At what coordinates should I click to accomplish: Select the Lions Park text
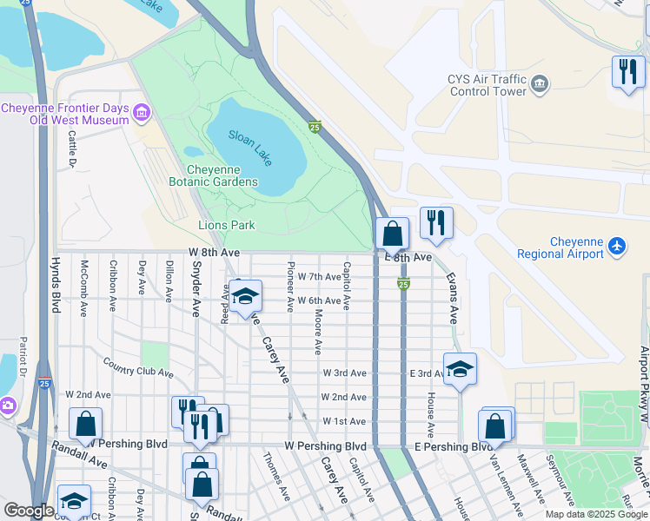click(225, 225)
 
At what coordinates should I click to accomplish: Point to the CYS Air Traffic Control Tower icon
click(541, 83)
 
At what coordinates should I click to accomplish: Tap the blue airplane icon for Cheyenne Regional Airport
click(617, 247)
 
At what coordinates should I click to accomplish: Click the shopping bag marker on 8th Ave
click(392, 234)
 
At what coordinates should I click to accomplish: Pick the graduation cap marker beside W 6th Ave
click(245, 297)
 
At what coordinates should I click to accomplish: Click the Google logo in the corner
click(29, 511)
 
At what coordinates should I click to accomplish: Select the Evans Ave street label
click(452, 297)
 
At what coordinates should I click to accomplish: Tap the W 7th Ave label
click(319, 276)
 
